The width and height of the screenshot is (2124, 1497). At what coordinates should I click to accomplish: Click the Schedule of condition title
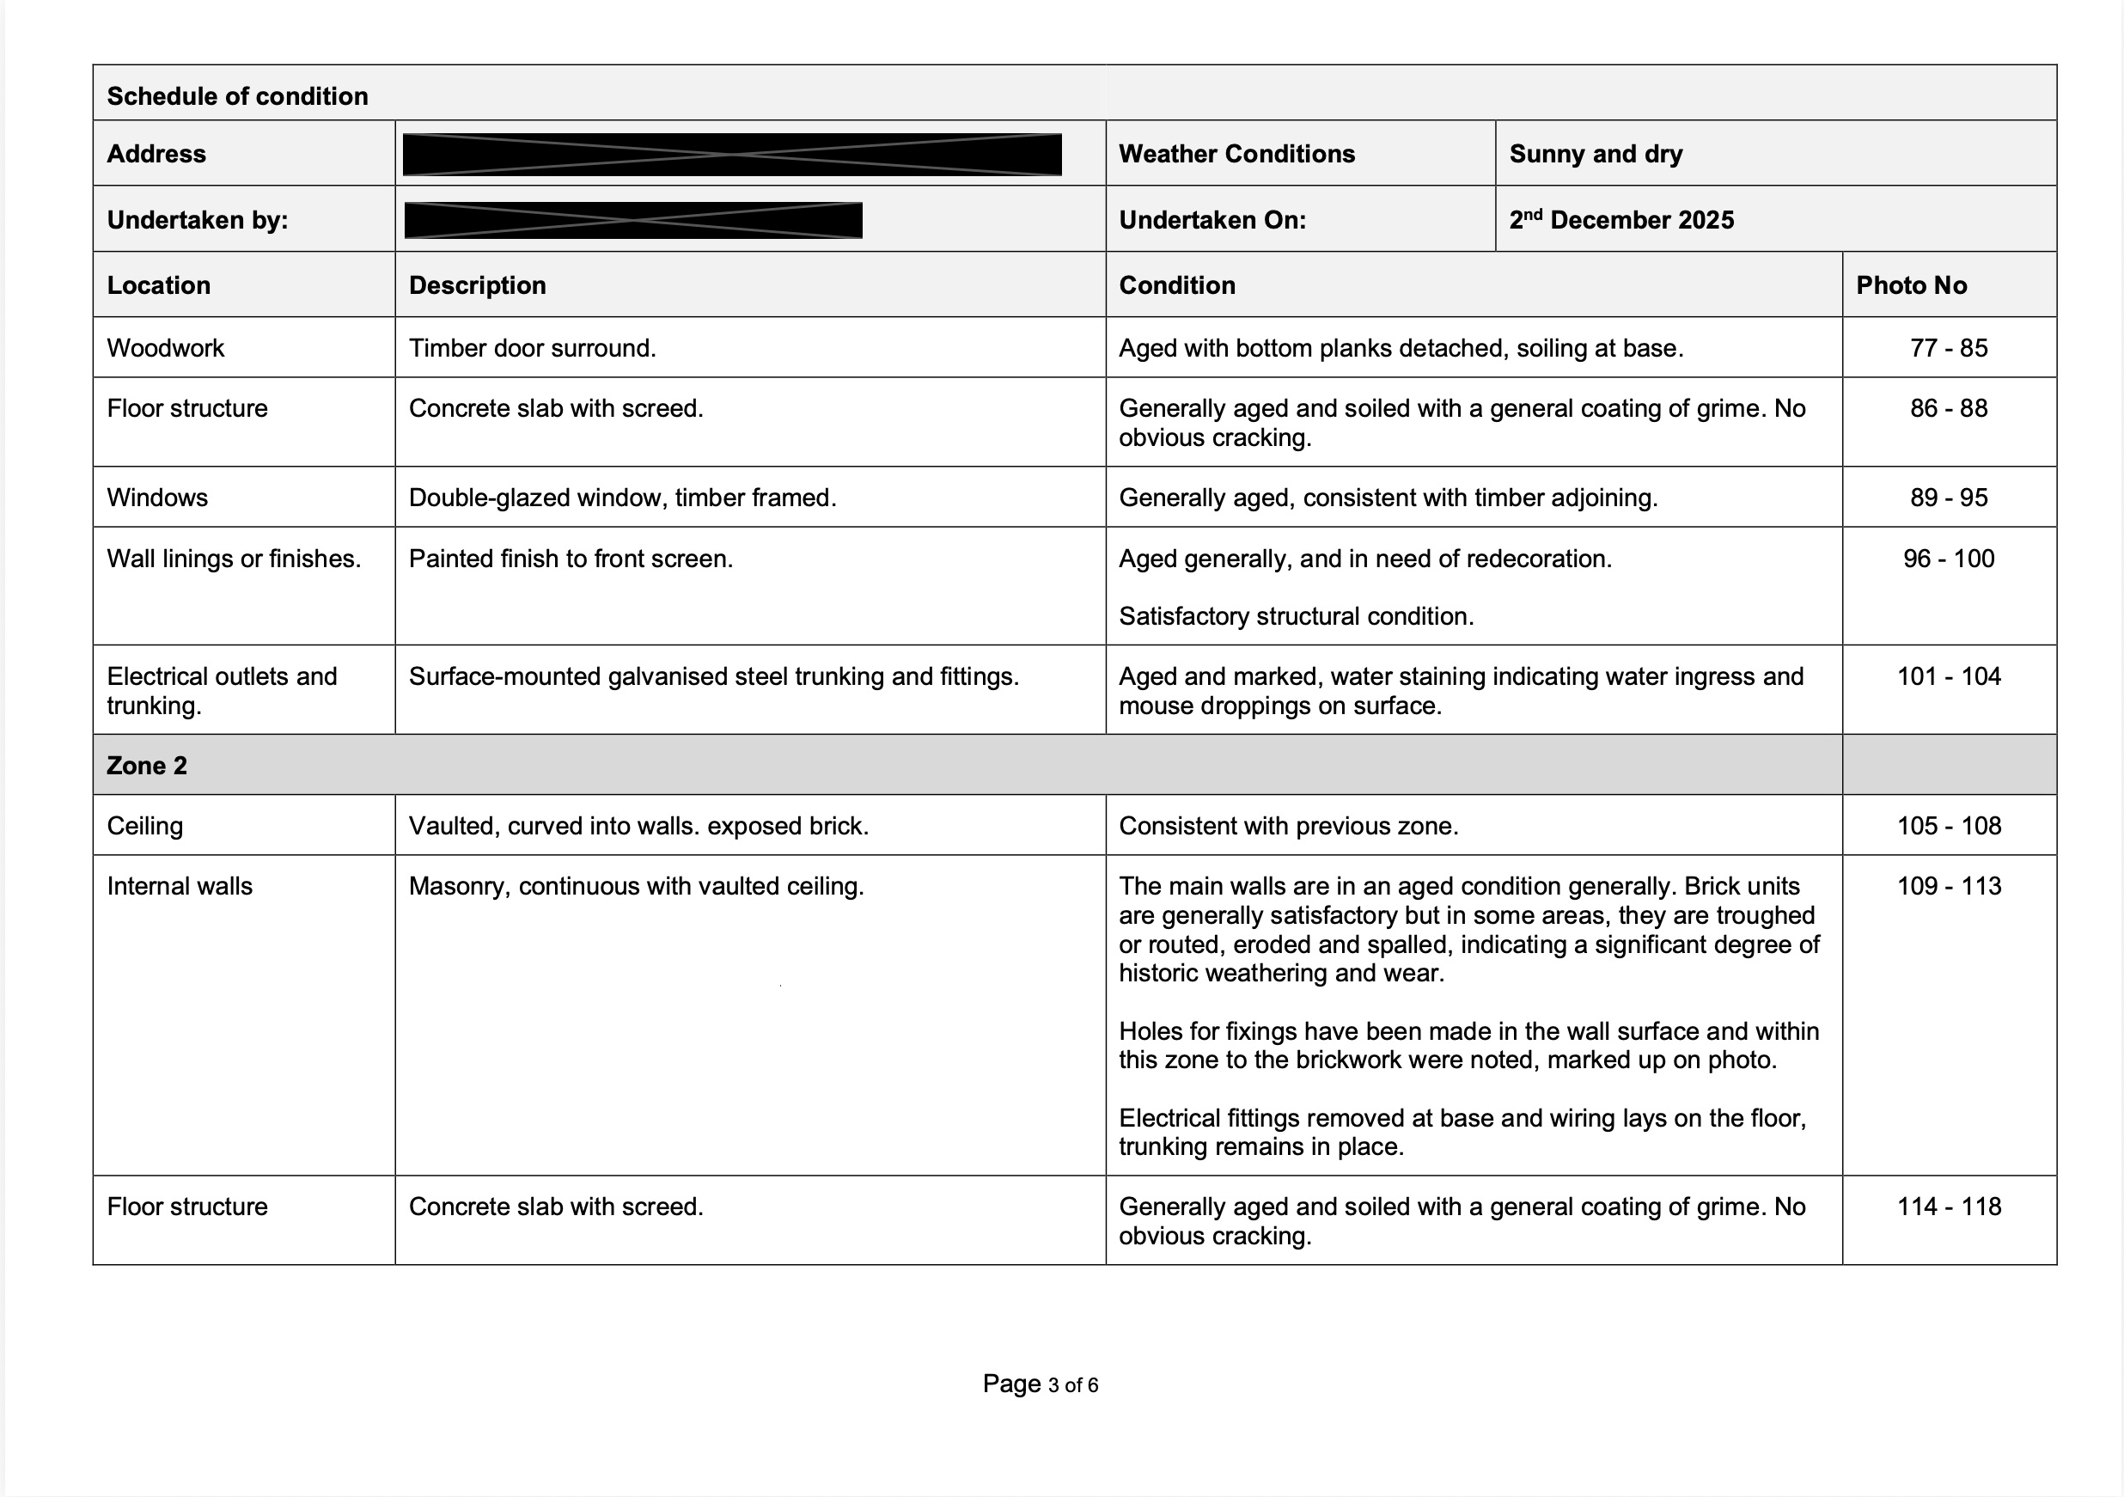tap(237, 96)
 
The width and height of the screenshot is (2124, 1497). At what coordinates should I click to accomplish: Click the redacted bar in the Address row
tap(732, 155)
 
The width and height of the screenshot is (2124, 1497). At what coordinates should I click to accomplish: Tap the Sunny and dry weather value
tap(1595, 154)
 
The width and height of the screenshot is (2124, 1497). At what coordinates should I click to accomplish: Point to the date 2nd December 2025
tap(1620, 220)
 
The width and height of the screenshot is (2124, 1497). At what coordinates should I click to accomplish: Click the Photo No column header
tap(1910, 285)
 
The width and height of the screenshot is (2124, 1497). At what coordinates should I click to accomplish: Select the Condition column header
tap(1177, 285)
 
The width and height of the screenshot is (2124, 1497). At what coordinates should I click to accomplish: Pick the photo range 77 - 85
tap(1948, 348)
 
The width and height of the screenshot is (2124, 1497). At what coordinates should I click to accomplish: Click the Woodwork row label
tap(166, 348)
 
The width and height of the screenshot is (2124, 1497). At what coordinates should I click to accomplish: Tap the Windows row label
tap(157, 498)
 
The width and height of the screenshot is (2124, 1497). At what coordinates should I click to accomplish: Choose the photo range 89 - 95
tap(1948, 498)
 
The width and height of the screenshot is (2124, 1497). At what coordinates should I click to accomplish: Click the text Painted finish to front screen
tap(570, 559)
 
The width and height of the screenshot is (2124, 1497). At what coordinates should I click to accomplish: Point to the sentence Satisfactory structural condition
tap(1295, 616)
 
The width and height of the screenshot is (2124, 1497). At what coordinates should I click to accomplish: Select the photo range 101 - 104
tap(1948, 676)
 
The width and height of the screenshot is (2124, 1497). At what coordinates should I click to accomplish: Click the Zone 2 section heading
tap(147, 765)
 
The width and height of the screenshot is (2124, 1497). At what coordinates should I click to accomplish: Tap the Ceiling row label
tap(145, 825)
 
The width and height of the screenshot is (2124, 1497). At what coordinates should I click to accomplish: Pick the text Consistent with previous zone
tap(1288, 825)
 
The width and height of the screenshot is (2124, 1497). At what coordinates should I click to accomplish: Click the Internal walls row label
tap(180, 886)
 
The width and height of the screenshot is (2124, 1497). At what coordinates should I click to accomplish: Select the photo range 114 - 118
tap(1948, 1207)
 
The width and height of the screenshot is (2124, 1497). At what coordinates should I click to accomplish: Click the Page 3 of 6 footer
tap(1040, 1384)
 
